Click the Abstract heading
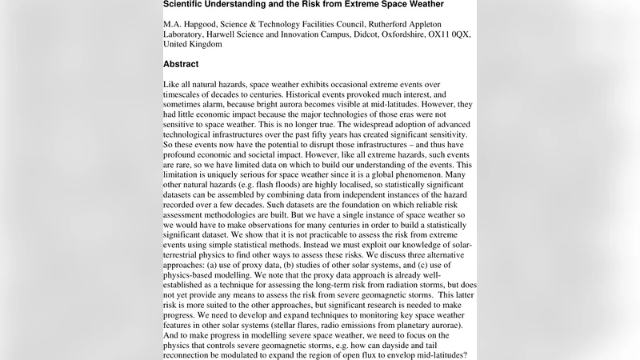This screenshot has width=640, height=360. click(181, 64)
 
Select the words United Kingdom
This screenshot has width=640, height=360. click(193, 44)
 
